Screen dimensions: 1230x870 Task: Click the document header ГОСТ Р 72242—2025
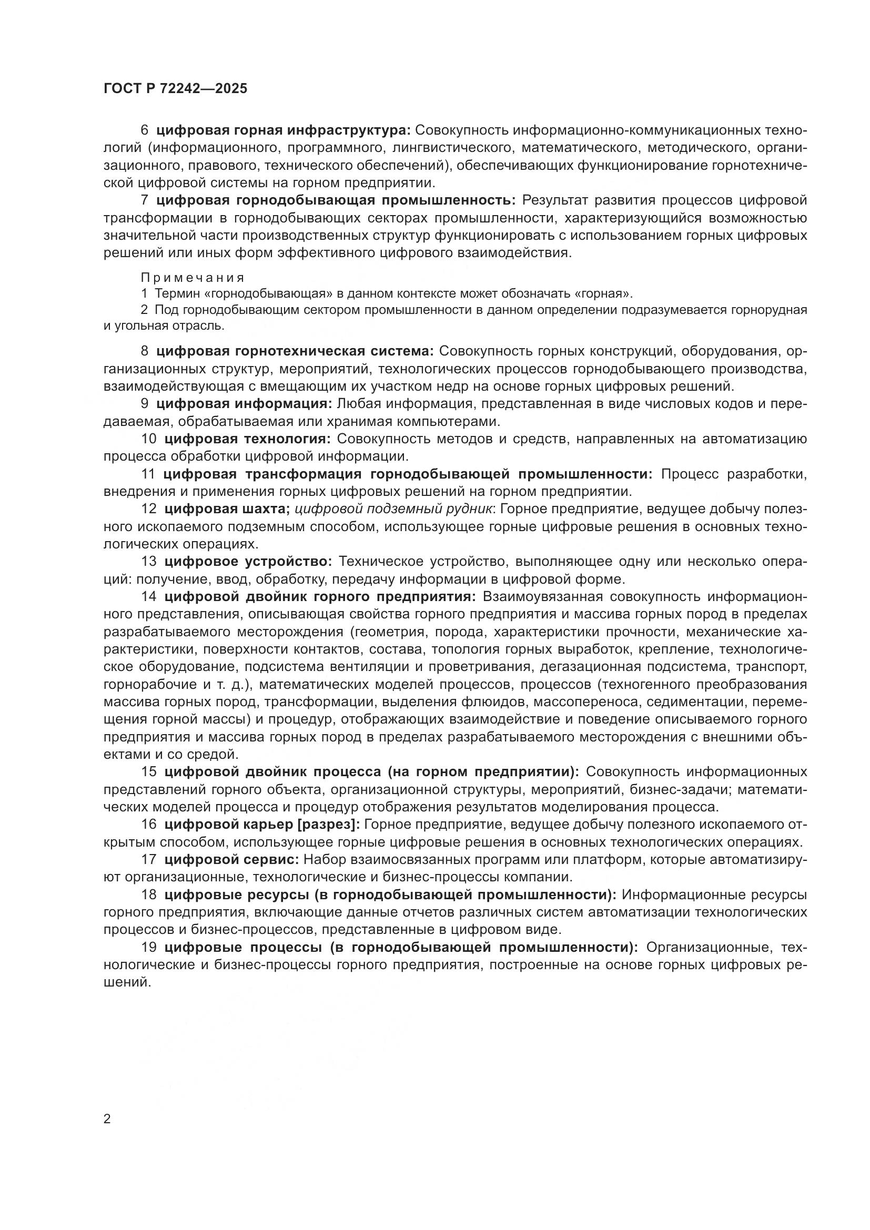(175, 89)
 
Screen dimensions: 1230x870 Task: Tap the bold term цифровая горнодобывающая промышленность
(336, 200)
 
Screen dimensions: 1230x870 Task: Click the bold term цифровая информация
(245, 404)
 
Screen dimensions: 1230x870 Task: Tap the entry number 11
(148, 474)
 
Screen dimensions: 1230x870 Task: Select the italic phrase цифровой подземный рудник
(394, 509)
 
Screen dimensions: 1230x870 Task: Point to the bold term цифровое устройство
(248, 562)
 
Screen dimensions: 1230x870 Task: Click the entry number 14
(148, 597)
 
